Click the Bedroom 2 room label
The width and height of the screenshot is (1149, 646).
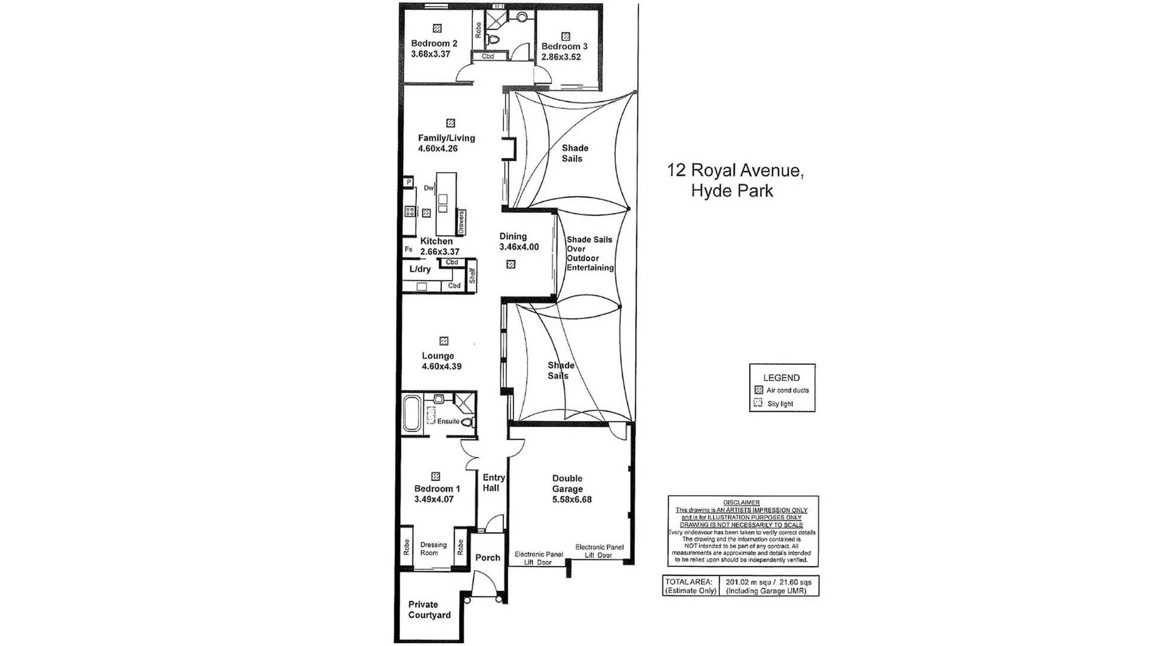[434, 43]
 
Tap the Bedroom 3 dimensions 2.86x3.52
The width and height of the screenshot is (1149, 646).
[561, 57]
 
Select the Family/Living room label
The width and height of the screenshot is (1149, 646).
[446, 138]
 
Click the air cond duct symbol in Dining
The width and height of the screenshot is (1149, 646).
[510, 264]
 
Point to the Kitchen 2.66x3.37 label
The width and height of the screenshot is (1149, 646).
[440, 246]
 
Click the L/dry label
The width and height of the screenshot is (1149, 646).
[420, 269]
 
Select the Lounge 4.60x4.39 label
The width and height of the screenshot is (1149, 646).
[442, 361]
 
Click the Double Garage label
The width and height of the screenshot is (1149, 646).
[567, 483]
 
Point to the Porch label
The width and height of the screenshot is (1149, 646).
[488, 557]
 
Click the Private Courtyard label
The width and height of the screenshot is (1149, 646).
[429, 610]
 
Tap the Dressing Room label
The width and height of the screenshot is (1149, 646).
[433, 549]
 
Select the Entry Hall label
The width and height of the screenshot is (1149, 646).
[493, 482]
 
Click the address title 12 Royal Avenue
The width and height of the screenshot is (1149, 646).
[735, 170]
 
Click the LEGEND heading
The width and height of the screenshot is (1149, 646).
[781, 377]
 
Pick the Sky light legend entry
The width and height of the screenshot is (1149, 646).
[780, 404]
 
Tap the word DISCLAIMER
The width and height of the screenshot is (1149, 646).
[741, 502]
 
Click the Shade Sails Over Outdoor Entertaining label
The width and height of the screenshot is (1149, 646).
[589, 254]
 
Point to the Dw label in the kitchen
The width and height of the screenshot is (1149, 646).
[428, 188]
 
